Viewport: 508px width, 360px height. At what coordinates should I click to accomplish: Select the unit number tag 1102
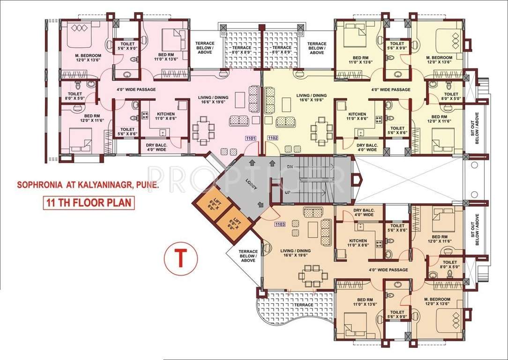coord(273,138)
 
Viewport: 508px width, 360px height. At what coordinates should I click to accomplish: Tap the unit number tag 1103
coord(280,225)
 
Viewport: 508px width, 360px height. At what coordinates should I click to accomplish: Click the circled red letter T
coord(179,257)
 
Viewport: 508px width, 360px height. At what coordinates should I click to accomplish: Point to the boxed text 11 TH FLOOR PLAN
coord(88,203)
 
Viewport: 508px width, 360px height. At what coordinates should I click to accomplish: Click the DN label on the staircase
coord(290,167)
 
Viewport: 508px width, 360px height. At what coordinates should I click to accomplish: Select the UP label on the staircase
coord(289,193)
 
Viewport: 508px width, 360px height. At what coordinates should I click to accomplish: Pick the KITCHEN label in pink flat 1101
coord(165,114)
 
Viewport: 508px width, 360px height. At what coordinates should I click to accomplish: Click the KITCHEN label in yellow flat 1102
coord(357,114)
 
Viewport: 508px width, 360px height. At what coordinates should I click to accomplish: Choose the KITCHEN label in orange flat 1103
coord(358,241)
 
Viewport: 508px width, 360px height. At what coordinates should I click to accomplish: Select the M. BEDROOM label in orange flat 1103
coord(437,299)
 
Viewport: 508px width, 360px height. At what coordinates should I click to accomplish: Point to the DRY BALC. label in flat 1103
coord(364,212)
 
